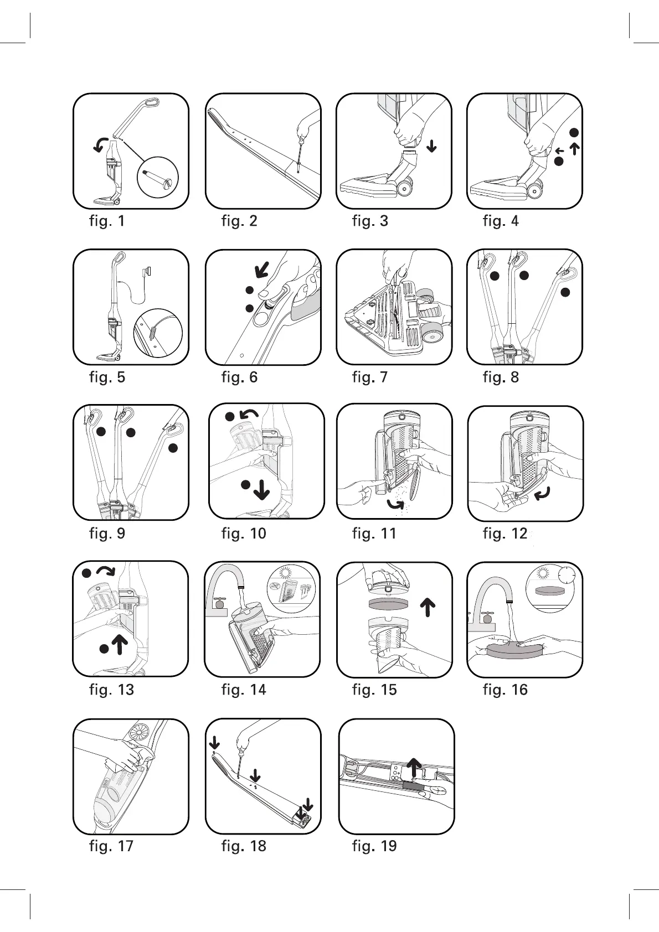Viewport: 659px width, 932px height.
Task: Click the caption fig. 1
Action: [x=107, y=221]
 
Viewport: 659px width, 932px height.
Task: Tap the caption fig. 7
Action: [x=370, y=377]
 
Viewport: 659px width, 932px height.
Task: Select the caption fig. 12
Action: [x=505, y=534]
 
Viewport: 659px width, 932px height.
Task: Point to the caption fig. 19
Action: [x=374, y=846]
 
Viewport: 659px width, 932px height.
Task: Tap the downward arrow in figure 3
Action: [x=431, y=146]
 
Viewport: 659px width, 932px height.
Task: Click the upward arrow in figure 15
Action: [x=427, y=607]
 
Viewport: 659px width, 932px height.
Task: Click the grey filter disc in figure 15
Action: [x=388, y=603]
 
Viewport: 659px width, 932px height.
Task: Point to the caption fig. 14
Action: [x=244, y=690]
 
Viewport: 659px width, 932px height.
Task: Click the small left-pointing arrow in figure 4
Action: [x=560, y=151]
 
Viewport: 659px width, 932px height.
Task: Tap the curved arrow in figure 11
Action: [x=395, y=504]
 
